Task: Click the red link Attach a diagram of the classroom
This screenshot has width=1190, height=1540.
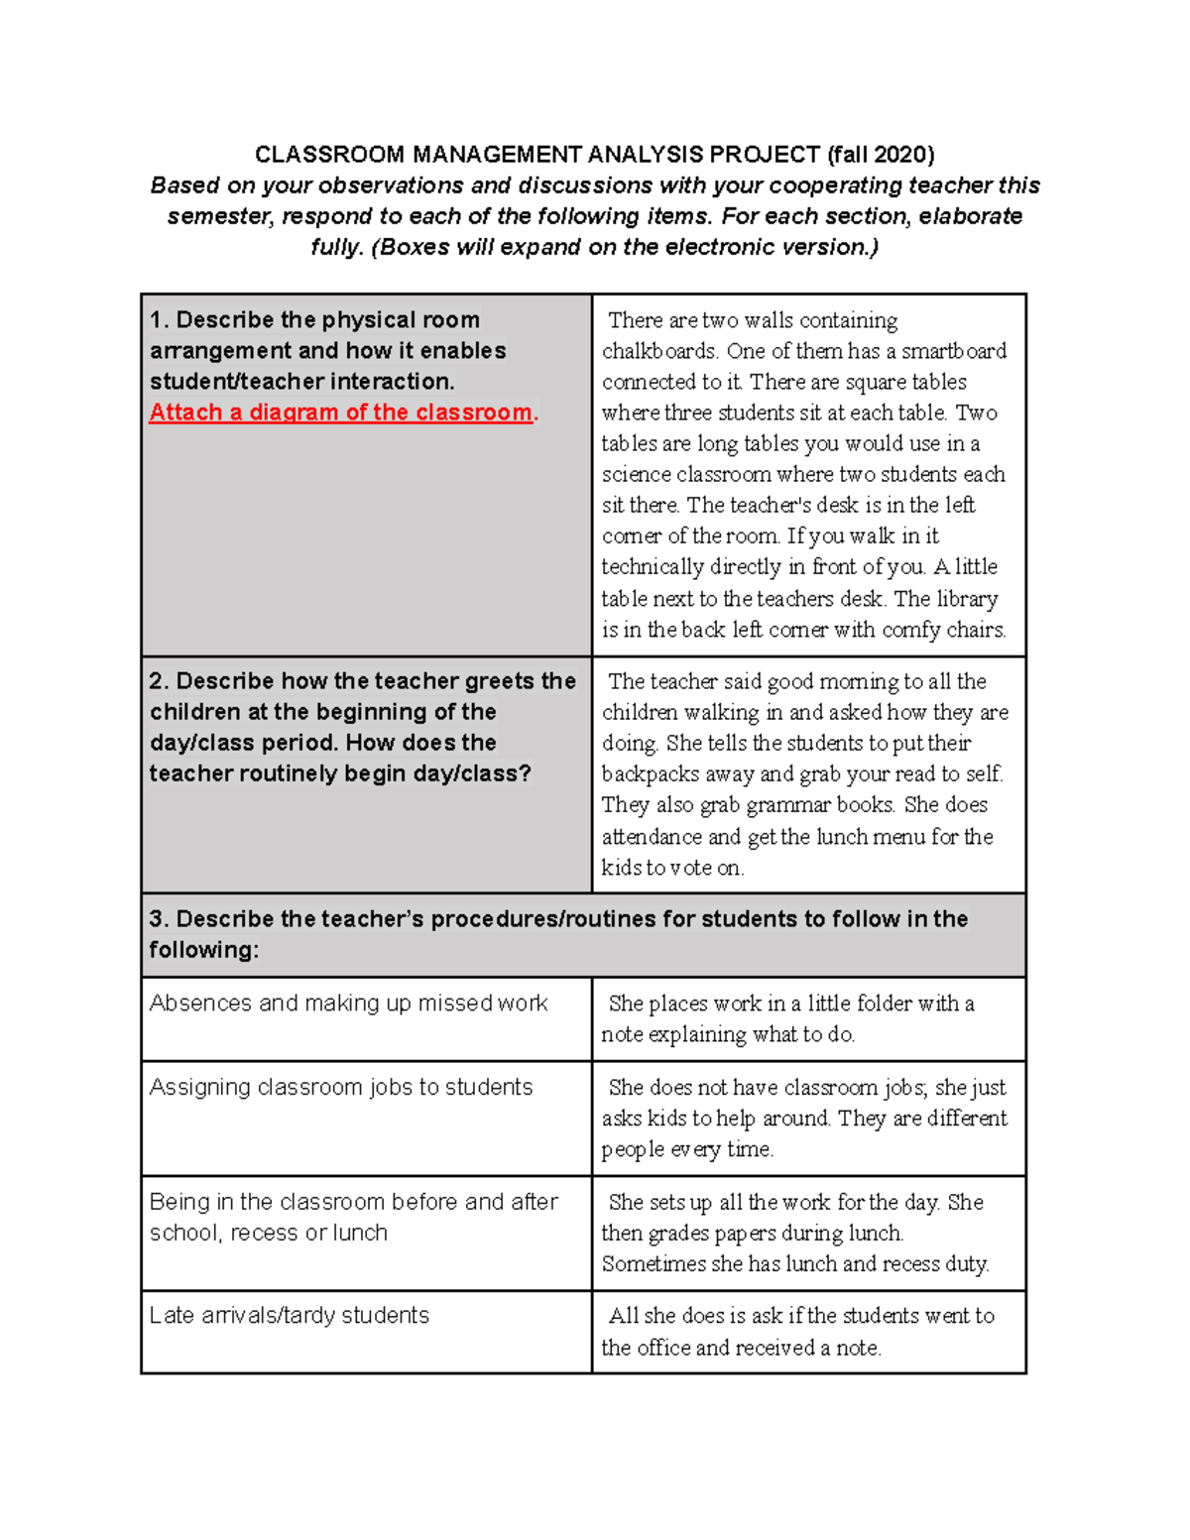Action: pos(340,413)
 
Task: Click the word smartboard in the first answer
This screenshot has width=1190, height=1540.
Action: pos(953,351)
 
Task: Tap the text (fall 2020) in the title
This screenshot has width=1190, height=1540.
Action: pos(881,155)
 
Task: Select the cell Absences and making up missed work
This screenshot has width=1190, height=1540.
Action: pos(348,1004)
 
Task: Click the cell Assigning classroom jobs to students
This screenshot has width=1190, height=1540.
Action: pos(341,1088)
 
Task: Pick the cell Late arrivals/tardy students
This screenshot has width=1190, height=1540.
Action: pos(290,1316)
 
